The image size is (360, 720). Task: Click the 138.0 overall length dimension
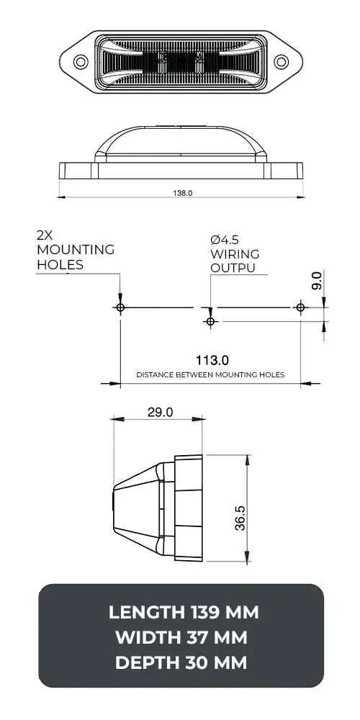183,193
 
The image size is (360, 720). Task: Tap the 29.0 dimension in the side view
160,413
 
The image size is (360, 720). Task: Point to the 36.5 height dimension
240,518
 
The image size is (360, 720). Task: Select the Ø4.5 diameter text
225,240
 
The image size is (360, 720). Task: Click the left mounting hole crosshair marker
120,307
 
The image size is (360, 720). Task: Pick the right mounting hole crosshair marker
301,307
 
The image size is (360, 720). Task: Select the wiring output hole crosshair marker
210,321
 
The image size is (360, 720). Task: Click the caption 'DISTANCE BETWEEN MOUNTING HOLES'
210,375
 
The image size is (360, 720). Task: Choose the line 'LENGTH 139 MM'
183,613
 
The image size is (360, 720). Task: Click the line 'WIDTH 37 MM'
181,638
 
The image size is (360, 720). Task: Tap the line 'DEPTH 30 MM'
181,663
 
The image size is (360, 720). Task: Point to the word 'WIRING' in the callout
235,254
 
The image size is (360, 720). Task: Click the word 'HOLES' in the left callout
60,264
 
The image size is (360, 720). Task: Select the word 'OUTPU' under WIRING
233,269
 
